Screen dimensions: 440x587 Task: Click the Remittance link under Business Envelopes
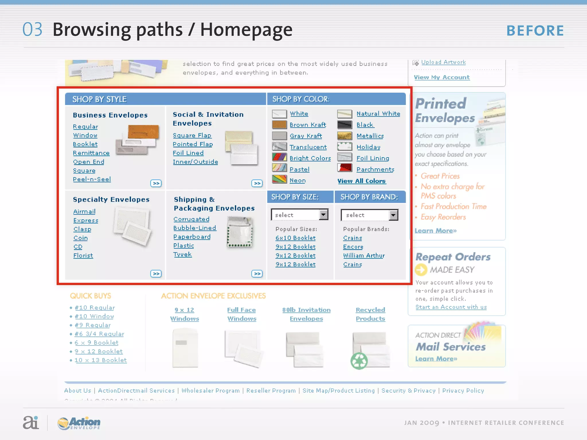(91, 153)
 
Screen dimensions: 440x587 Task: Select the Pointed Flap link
(193, 144)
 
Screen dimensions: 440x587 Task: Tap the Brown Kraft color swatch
(279, 125)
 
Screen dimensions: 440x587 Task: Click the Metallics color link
(370, 136)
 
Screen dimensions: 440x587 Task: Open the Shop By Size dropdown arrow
(324, 215)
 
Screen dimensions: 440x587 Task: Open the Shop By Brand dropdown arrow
(393, 215)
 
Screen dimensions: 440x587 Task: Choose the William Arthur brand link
(364, 255)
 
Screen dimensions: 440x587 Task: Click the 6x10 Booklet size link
(296, 238)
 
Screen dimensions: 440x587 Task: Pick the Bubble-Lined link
(195, 228)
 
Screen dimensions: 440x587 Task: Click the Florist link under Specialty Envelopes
(83, 255)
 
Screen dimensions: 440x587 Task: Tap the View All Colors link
(361, 181)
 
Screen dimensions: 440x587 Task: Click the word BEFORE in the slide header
(535, 31)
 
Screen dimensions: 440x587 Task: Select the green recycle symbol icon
(359, 361)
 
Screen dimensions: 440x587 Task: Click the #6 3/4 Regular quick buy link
(99, 334)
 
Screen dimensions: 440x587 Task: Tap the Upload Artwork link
(443, 62)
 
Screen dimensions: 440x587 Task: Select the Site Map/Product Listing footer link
(338, 390)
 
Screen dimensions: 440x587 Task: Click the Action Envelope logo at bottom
(79, 423)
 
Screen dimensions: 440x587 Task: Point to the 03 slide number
(32, 30)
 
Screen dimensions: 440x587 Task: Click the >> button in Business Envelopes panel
(156, 183)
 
